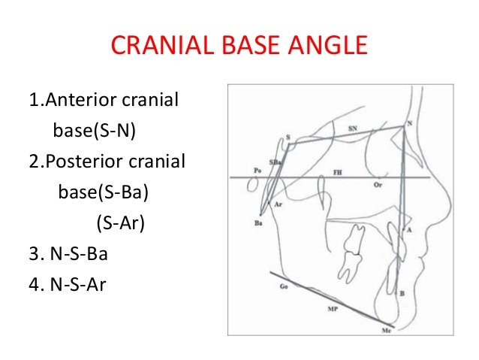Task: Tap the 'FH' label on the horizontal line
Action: click(x=339, y=172)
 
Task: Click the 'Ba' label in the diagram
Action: click(x=259, y=223)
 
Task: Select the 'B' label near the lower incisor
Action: click(x=402, y=294)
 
